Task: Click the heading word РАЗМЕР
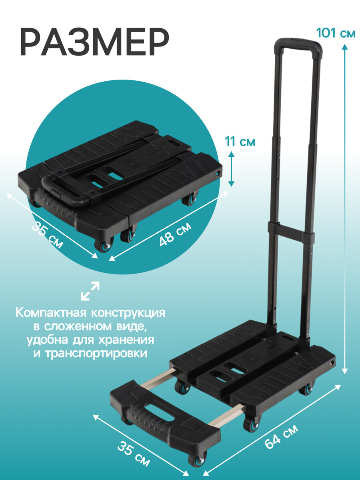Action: point(94,42)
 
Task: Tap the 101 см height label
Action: point(336,34)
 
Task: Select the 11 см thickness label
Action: point(240,142)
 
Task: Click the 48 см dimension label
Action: point(175,234)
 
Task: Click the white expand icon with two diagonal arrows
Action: point(90,291)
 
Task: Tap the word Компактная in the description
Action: point(52,313)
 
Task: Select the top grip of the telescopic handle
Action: point(298,45)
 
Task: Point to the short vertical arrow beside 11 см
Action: point(232,169)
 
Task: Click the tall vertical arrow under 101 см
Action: point(345,209)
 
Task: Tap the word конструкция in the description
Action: point(128,313)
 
